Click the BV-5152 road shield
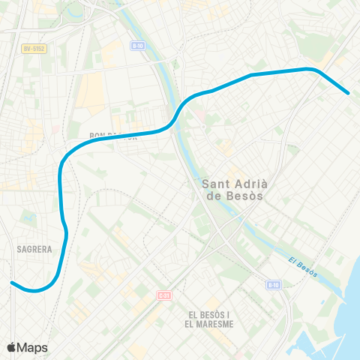34,49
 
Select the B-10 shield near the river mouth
274,285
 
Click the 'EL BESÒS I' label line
209,314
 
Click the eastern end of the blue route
348,92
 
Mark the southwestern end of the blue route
13,283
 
